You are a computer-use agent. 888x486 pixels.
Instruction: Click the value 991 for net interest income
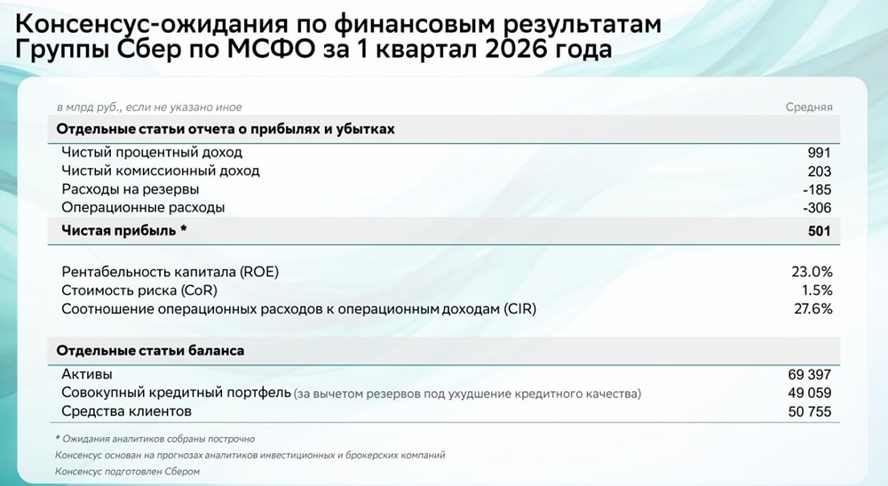[819, 153]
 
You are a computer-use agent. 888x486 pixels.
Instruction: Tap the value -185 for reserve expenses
[816, 189]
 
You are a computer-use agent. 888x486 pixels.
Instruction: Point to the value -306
[816, 207]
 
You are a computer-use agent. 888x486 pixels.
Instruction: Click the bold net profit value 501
[819, 232]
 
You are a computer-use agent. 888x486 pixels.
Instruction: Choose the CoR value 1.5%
[815, 291]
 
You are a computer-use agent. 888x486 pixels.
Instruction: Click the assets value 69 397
[806, 375]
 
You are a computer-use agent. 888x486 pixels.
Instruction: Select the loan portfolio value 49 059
[806, 393]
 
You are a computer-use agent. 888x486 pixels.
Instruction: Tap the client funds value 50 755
[806, 411]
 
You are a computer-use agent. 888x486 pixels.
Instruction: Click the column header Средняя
[808, 108]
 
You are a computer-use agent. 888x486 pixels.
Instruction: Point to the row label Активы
[87, 375]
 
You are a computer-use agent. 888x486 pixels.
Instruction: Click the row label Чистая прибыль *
[124, 232]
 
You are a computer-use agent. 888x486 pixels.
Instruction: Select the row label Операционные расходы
[143, 207]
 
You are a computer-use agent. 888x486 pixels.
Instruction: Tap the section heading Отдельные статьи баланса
[150, 351]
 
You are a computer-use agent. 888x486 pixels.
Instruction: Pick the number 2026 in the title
[503, 50]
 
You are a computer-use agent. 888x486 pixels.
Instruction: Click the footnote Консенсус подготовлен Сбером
[127, 472]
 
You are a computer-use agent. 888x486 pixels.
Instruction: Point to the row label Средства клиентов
[126, 411]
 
